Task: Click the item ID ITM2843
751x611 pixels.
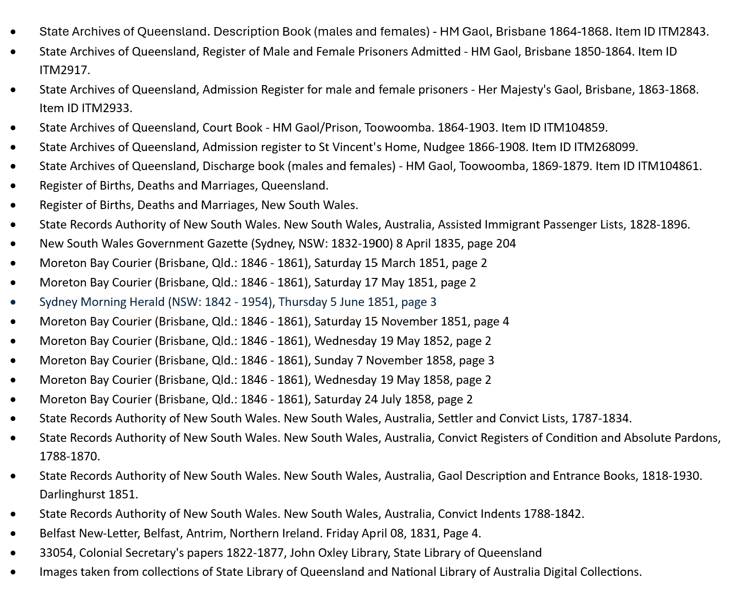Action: tap(683, 32)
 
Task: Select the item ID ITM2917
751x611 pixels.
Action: tap(64, 70)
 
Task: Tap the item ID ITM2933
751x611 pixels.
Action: tap(106, 108)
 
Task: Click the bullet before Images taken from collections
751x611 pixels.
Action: tap(13, 572)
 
